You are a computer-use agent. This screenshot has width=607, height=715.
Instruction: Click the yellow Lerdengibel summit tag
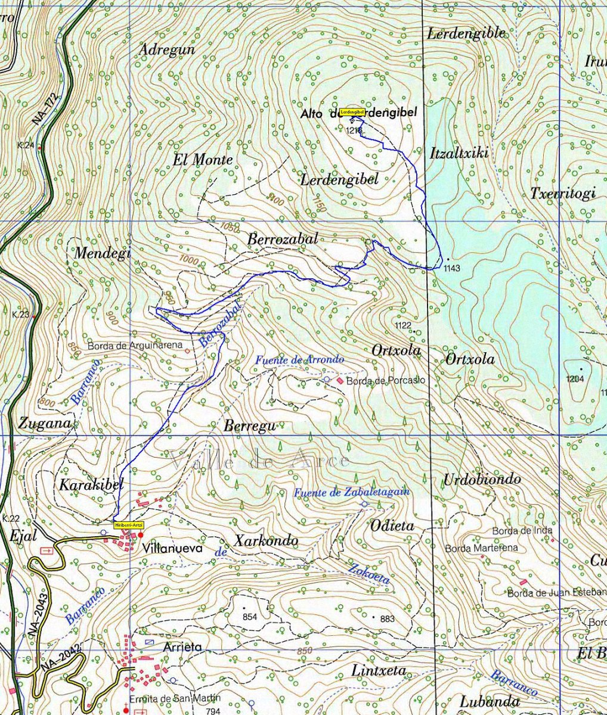(352, 111)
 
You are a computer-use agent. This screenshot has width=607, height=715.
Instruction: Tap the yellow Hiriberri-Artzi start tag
(129, 524)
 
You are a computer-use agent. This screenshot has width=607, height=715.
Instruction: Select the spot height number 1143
(452, 269)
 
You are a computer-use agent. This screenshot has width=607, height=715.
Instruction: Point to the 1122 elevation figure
(403, 325)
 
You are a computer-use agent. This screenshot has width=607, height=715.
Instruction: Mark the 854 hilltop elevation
(249, 617)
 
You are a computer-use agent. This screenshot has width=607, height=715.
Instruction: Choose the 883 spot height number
(387, 619)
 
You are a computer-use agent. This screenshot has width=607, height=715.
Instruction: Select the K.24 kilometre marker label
(25, 145)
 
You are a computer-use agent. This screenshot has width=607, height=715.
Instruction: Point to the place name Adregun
(166, 50)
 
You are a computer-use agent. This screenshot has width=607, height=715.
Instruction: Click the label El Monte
(203, 160)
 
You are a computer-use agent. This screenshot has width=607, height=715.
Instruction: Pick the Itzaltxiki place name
(459, 154)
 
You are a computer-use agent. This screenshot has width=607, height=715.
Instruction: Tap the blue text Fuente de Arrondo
(299, 360)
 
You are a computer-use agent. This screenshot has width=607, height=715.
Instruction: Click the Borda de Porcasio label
(386, 380)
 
